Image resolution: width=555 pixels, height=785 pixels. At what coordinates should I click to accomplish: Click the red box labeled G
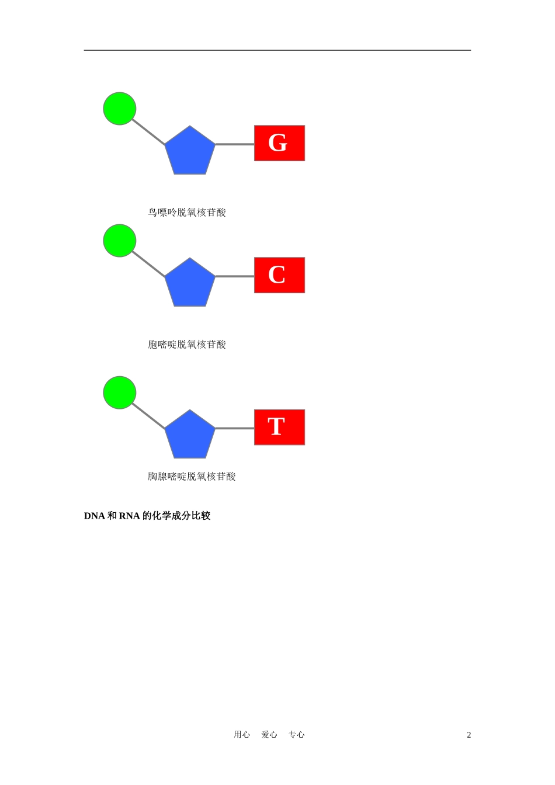coord(279,143)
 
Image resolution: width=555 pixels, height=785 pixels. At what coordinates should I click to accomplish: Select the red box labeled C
coord(279,275)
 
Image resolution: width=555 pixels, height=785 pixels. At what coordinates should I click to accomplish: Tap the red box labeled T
coord(279,427)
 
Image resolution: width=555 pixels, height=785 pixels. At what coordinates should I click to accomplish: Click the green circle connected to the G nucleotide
coord(120,109)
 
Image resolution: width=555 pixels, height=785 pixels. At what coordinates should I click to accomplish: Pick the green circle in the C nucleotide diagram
coord(120,241)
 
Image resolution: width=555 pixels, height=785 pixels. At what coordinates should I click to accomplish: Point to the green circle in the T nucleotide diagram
coord(120,392)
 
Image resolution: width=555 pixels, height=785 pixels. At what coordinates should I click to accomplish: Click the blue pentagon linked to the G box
coord(190,152)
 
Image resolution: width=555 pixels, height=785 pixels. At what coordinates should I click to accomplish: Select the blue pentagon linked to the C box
coord(190,284)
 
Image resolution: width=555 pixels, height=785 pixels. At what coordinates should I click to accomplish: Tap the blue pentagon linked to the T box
coord(190,436)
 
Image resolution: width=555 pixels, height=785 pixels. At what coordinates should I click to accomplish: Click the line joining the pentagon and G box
coord(235,144)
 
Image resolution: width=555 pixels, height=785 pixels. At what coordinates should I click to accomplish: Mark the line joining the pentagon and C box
coord(235,276)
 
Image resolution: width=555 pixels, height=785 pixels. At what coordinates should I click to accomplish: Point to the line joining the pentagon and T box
coord(235,428)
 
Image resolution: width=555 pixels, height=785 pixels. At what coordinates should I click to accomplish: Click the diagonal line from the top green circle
coord(149,132)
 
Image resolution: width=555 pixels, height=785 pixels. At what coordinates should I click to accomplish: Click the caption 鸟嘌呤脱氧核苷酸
coord(187,213)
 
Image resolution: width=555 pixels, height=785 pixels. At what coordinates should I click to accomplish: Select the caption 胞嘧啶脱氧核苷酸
coord(187,345)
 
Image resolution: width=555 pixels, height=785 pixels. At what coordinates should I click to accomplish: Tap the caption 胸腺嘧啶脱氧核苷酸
coord(192,477)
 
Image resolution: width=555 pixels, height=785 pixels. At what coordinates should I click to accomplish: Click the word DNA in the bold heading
coord(95,516)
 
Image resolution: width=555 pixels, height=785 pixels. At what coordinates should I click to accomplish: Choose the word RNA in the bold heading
coord(129,516)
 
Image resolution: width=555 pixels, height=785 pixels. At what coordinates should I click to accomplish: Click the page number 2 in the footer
coord(469,735)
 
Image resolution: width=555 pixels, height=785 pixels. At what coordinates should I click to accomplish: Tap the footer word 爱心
coord(269,735)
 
